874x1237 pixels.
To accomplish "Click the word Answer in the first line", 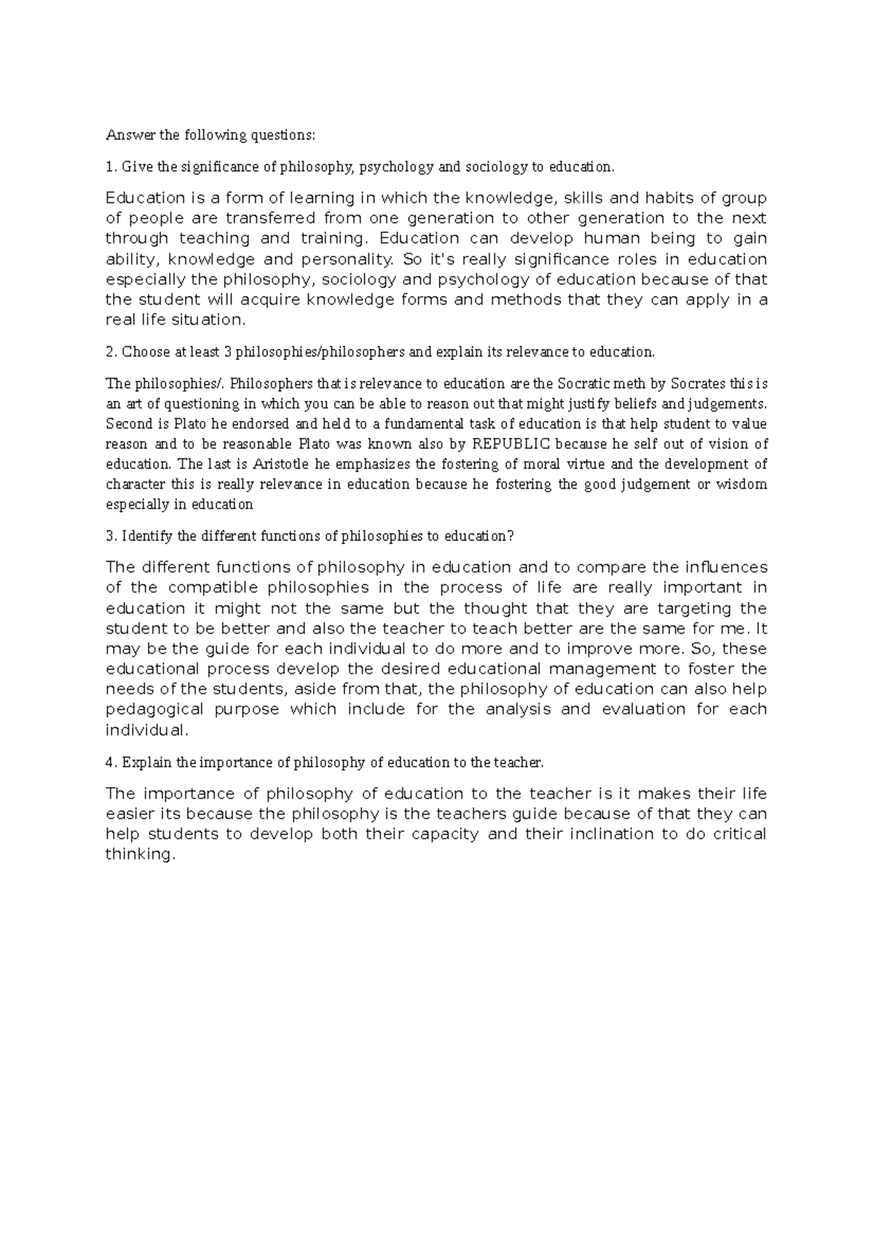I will [125, 135].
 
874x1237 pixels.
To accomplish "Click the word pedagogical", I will [155, 710].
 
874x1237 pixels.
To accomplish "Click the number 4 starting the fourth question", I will [109, 763].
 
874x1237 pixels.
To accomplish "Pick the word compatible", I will [213, 588].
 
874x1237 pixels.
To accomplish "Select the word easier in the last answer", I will [132, 814].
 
